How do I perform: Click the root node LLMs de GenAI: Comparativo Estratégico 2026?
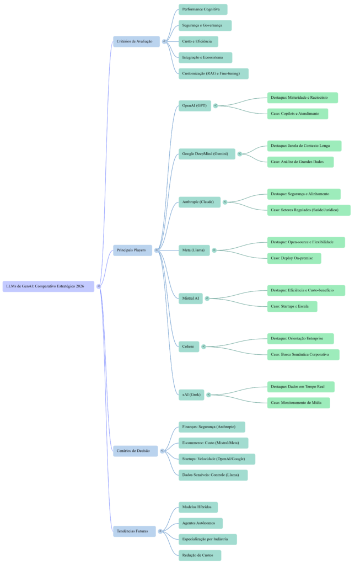click(x=49, y=286)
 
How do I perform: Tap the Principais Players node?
click(x=132, y=250)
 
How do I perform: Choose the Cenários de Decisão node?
click(x=135, y=451)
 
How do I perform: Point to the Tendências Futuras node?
click(x=134, y=531)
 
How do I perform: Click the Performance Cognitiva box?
click(x=202, y=9)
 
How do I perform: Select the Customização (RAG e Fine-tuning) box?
click(x=213, y=73)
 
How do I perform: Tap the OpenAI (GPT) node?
click(x=194, y=105)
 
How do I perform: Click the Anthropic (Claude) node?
click(x=198, y=202)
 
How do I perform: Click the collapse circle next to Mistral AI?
click(x=207, y=299)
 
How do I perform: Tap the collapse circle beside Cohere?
click(x=203, y=347)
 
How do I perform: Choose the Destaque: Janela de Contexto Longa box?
click(x=304, y=146)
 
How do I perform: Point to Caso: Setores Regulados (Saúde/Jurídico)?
click(x=308, y=210)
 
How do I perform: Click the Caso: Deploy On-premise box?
click(x=294, y=258)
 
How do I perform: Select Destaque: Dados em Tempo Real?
click(x=300, y=387)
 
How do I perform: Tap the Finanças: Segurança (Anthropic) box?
click(x=211, y=427)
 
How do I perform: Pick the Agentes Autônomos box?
click(x=200, y=523)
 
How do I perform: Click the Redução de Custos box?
click(x=199, y=555)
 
